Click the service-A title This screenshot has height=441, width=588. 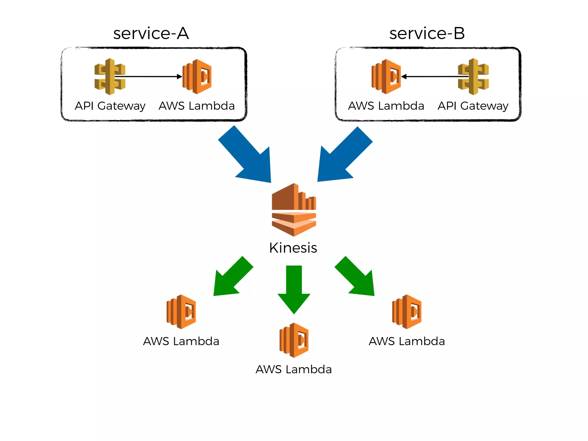(151, 33)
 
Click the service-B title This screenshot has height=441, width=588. (427, 33)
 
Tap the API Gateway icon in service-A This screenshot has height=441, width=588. (110, 77)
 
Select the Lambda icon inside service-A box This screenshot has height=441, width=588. (198, 77)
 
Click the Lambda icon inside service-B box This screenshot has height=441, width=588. (386, 77)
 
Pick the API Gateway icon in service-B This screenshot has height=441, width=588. (473, 77)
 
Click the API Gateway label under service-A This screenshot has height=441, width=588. (110, 106)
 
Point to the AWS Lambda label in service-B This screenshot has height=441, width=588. (386, 106)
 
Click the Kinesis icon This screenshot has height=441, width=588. (294, 210)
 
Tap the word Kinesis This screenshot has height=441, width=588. (293, 248)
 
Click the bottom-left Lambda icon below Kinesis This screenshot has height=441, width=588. (181, 312)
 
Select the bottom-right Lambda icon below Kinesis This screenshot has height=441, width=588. (407, 312)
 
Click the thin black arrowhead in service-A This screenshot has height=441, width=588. (179, 77)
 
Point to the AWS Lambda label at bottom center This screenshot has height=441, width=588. (293, 370)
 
